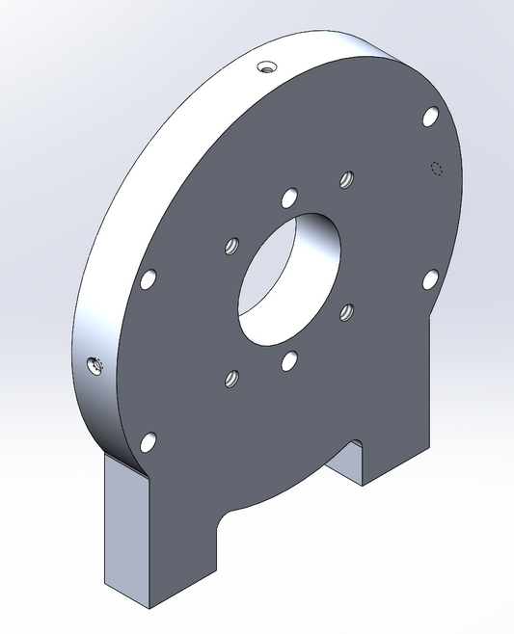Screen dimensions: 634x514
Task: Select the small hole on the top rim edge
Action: coord(266,67)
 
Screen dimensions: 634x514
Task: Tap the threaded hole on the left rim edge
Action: coord(95,364)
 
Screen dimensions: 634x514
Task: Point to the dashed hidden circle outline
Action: coord(436,169)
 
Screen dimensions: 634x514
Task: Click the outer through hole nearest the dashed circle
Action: coord(430,118)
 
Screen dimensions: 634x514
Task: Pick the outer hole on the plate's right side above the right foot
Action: coord(430,278)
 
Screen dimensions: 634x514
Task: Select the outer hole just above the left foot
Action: coord(149,442)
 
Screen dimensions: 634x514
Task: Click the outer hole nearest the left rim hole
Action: coord(149,280)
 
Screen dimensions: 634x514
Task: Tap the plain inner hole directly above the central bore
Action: coord(288,198)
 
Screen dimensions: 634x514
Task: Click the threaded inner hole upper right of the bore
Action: coord(347,179)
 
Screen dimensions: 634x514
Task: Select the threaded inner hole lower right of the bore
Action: coord(347,311)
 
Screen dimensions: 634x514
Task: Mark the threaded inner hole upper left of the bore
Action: coord(231,247)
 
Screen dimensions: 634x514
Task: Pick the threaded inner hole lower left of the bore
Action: coord(230,379)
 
